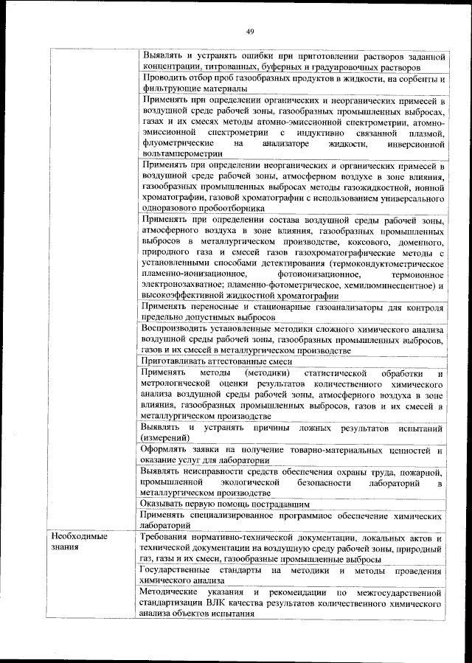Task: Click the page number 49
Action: click(249, 30)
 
